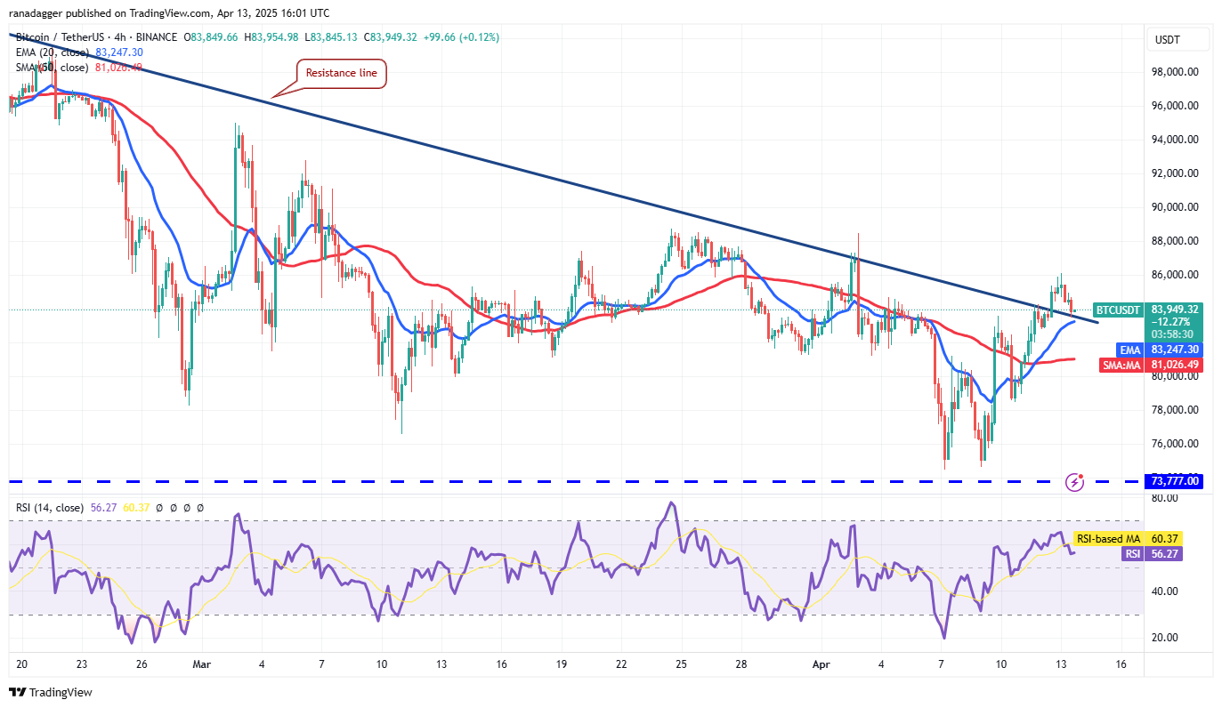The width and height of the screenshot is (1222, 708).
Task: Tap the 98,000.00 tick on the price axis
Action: click(1174, 72)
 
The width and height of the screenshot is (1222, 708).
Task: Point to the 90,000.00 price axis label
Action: click(1174, 207)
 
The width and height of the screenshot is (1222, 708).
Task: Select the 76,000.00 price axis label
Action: click(1174, 444)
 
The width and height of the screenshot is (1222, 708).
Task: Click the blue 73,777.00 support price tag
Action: click(1176, 481)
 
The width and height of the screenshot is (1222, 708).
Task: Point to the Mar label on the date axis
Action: click(202, 664)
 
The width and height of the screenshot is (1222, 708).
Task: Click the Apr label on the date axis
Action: click(821, 664)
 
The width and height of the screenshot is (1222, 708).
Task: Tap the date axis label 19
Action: click(562, 664)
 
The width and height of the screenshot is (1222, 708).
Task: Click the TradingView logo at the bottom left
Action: click(51, 692)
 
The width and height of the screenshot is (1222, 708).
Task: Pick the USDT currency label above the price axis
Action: click(1167, 39)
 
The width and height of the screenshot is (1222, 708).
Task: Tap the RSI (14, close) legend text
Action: click(49, 508)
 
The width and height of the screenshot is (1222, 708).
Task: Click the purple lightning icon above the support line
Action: click(1075, 482)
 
